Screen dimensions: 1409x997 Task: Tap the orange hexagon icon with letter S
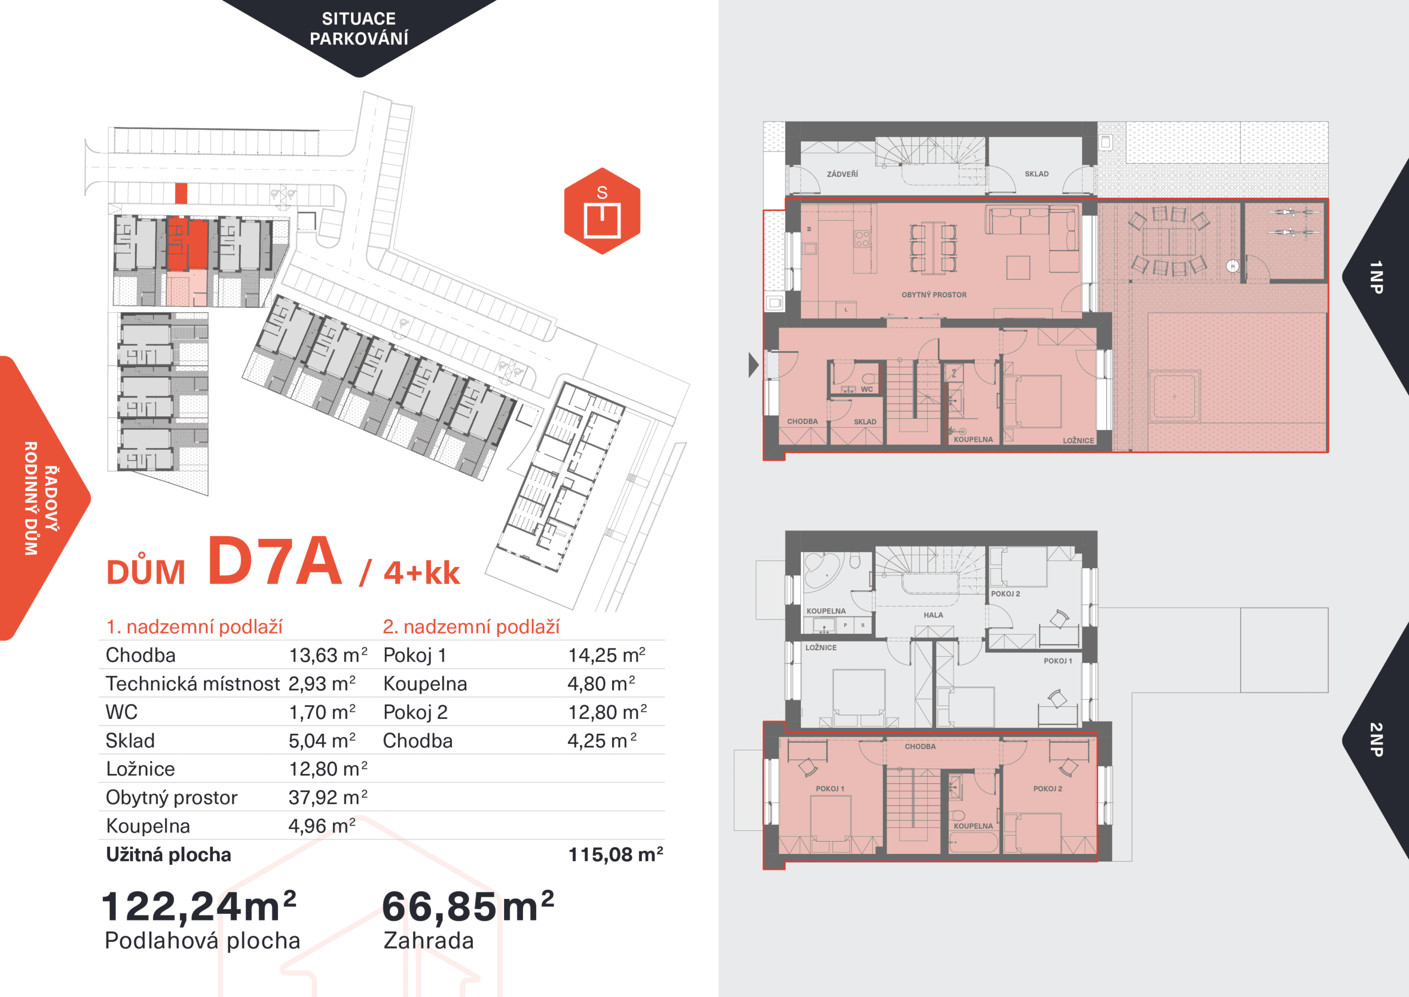coord(602,210)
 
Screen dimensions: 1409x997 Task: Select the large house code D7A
coord(274,560)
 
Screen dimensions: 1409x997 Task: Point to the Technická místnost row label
coord(193,683)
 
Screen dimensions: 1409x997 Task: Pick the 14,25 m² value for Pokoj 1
coord(607,655)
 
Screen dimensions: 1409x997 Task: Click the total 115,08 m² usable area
coord(615,854)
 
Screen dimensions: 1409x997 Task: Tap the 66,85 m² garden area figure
coord(468,906)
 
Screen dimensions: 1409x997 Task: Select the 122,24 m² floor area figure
coord(199,906)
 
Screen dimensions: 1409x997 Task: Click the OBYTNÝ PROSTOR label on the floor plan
coord(933,295)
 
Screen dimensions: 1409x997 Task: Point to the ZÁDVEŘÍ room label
coord(842,175)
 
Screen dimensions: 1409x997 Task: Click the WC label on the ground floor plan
coord(866,389)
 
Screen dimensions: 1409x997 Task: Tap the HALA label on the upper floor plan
coord(933,615)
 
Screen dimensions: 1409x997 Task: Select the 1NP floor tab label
coord(1376,277)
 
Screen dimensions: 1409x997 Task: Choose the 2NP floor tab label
coord(1376,739)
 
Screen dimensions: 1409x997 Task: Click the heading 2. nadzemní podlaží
coord(471,626)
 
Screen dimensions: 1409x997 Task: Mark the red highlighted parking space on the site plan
coord(181,193)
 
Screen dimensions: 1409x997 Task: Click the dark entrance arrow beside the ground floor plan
coord(753,366)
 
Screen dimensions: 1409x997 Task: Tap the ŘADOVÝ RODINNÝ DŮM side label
coord(41,498)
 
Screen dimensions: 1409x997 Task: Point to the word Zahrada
coord(428,940)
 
